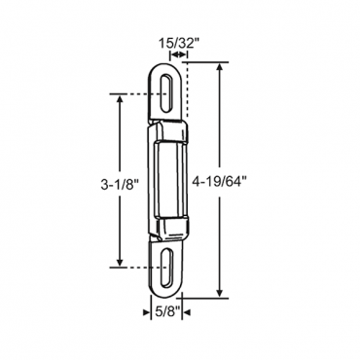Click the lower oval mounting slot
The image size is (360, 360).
pos(168,265)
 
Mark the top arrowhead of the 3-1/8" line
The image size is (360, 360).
pos(120,97)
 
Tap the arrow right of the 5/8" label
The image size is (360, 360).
pos(189,312)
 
